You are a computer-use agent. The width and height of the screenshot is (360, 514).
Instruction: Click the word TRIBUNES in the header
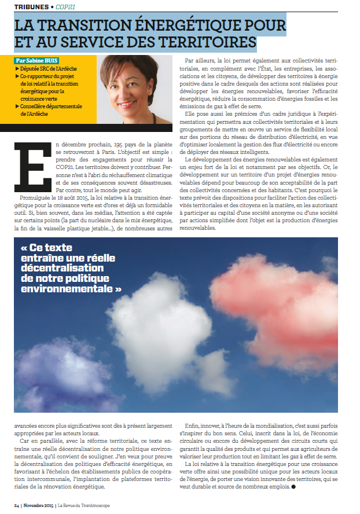[30, 6]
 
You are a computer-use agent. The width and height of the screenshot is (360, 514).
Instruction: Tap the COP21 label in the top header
[66, 6]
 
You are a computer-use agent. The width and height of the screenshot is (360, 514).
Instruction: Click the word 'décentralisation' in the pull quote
[61, 267]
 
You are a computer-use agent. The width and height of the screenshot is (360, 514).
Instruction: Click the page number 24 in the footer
[17, 504]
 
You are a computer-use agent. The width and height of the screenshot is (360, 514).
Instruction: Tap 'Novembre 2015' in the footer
[40, 504]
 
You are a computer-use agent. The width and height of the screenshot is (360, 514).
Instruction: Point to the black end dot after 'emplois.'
[293, 486]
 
